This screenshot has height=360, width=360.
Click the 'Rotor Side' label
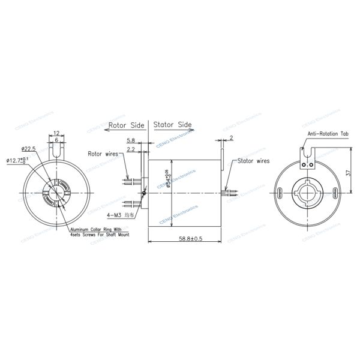pos(127,126)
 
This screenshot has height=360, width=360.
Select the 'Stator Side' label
pos(172,125)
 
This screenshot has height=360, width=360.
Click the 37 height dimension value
pos(347,172)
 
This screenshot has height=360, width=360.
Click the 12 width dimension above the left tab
pos(55,133)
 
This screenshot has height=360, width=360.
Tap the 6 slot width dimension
pos(55,140)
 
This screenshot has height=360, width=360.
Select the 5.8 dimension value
pos(131,140)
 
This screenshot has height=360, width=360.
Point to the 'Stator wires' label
pos(253,161)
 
